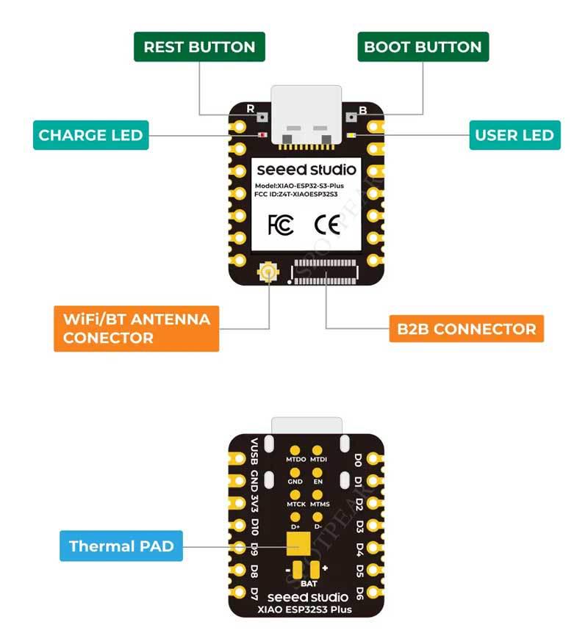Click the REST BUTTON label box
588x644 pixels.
199,47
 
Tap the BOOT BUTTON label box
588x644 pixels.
423,47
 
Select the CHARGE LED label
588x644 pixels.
90,135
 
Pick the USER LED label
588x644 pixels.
514,135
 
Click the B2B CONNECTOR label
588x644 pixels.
467,328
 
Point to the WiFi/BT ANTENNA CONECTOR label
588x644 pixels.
137,328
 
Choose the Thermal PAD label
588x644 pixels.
121,546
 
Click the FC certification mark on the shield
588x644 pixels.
281,224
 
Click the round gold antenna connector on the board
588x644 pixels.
268,275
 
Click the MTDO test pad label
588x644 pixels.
295,460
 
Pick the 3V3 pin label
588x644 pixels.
254,505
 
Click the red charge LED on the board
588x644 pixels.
263,135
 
